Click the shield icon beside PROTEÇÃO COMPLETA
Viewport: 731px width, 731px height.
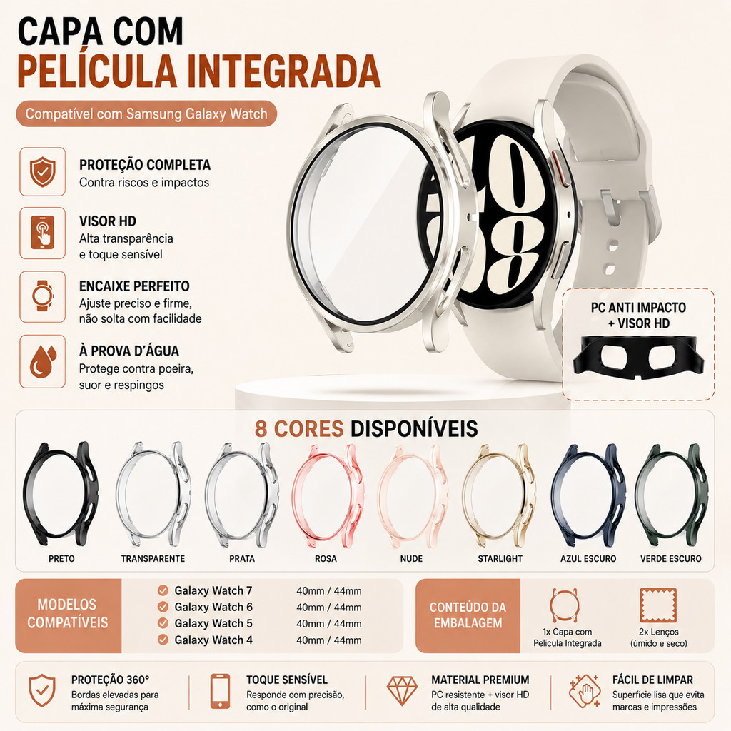pos(42,171)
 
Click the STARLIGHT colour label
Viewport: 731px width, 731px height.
pos(500,558)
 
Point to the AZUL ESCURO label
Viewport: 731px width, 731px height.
pos(588,558)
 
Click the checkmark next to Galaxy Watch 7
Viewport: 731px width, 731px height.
pos(163,590)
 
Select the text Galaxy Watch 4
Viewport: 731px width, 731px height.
pos(213,640)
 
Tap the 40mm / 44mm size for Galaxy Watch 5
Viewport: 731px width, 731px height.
pos(328,624)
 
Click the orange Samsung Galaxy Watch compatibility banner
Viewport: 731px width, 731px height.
pos(146,114)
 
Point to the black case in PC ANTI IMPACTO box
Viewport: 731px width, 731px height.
pos(638,356)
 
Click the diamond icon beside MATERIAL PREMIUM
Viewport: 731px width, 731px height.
pos(402,690)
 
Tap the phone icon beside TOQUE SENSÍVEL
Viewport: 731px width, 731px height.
pos(220,691)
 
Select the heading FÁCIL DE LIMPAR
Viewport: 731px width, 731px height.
pos(652,680)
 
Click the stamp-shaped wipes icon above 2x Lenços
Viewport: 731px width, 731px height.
pos(657,605)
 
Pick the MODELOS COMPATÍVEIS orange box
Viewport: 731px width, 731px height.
pos(68,615)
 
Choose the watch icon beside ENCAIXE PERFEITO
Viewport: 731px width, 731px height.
pos(42,296)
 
